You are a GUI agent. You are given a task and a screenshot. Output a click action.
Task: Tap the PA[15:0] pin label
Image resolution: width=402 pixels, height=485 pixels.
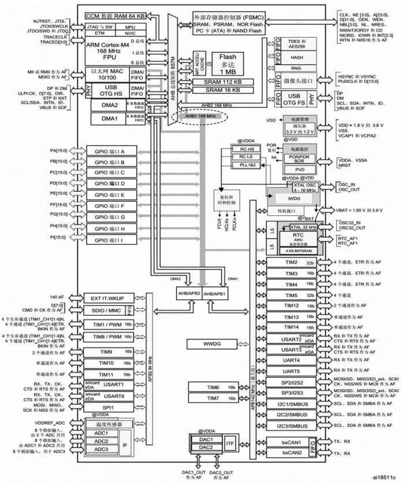(x=59, y=151)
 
